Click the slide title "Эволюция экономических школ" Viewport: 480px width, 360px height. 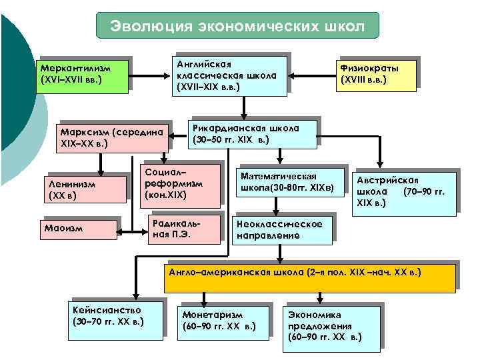237,25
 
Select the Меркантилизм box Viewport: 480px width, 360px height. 83,73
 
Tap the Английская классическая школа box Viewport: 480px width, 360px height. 229,73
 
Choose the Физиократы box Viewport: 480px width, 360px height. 377,75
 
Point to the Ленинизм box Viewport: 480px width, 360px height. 83,189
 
